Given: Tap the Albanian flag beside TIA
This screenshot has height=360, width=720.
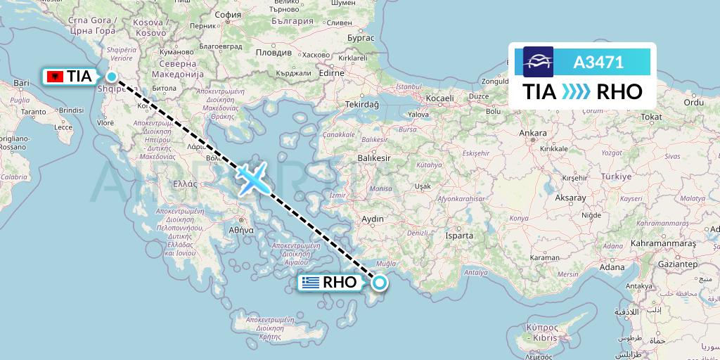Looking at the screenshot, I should tap(53, 77).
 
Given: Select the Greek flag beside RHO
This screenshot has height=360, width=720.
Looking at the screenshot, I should tap(309, 283).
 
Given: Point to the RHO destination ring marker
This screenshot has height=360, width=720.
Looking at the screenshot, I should tap(380, 283).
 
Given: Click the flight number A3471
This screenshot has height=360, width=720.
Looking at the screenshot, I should tap(598, 62).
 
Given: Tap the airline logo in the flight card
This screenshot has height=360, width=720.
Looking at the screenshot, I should tap(539, 62).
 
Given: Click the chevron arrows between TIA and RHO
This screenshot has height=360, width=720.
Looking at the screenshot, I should tap(577, 91).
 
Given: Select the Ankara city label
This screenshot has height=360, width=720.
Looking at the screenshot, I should tap(532, 133).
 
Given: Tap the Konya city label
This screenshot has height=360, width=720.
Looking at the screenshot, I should tap(519, 218).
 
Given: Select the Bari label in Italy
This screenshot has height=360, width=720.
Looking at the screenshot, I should tap(21, 83).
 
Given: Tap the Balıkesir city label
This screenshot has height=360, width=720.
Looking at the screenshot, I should tap(373, 158).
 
